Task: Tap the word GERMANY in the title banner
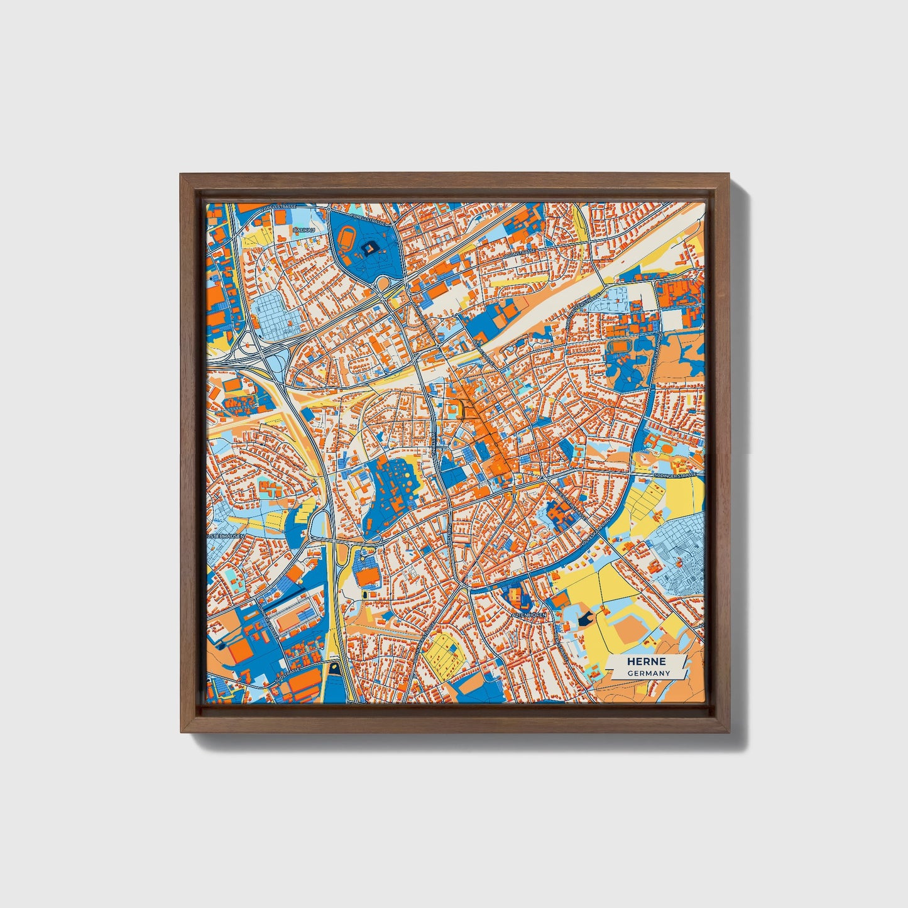648,673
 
